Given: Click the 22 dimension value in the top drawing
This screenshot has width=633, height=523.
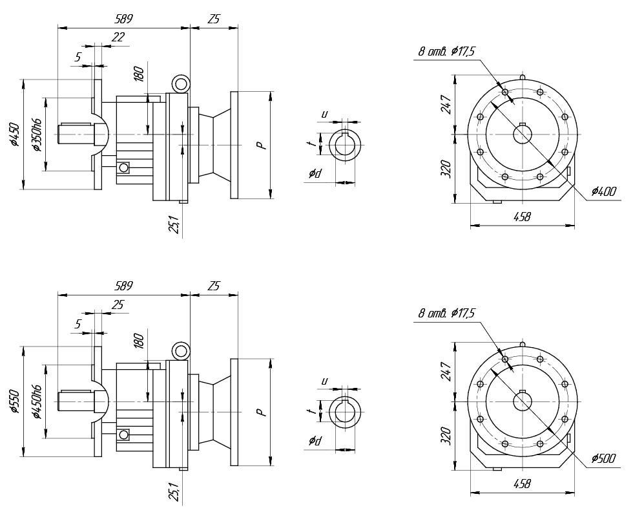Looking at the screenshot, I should pyautogui.click(x=118, y=37).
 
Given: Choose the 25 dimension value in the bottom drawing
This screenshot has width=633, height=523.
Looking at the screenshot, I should pyautogui.click(x=118, y=304).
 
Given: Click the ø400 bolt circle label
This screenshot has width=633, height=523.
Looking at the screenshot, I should pyautogui.click(x=603, y=191).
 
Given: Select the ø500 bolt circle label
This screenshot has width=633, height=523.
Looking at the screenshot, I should pyautogui.click(x=603, y=459).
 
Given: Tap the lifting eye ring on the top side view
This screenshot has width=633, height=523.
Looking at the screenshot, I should pyautogui.click(x=180, y=83).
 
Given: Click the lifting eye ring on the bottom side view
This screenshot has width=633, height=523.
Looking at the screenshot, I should pyautogui.click(x=180, y=351).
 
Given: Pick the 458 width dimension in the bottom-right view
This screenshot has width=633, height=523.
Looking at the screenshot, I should pyautogui.click(x=521, y=484).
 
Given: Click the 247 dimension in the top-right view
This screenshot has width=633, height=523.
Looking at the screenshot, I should pyautogui.click(x=446, y=103).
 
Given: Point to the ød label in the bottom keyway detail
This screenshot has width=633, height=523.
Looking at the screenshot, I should pyautogui.click(x=315, y=441).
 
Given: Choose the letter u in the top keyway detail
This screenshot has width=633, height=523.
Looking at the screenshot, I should pyautogui.click(x=324, y=114).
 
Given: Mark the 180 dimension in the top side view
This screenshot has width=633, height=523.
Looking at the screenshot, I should pyautogui.click(x=138, y=73).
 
